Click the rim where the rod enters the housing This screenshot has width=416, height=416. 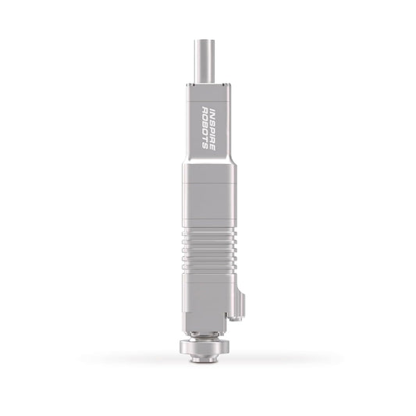pos(207,80)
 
